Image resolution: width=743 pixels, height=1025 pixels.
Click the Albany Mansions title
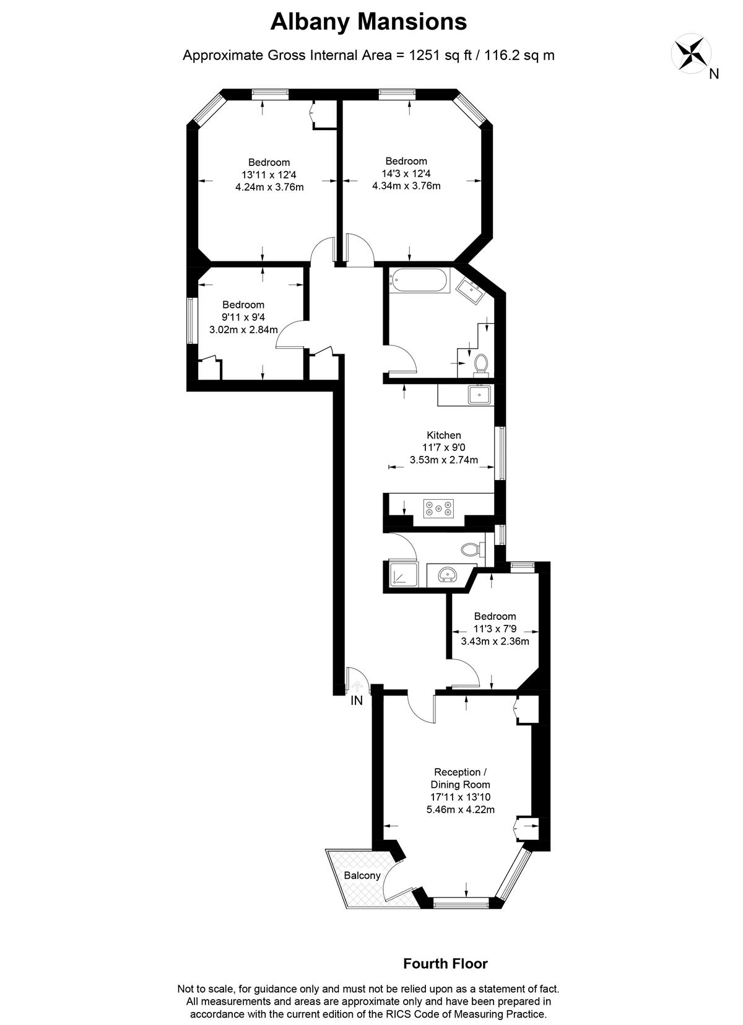click(368, 22)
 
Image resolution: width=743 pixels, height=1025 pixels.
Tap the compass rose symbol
click(691, 53)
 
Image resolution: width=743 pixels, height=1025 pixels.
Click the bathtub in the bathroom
click(420, 281)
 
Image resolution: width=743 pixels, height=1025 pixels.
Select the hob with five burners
click(439, 508)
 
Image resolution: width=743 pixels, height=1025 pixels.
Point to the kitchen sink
click(479, 395)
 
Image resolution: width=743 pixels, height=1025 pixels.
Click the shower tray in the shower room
click(403, 574)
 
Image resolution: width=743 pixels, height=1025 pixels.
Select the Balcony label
click(362, 875)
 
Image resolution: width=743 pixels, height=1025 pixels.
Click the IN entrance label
click(357, 700)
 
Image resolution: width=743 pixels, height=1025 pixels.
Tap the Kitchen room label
click(444, 435)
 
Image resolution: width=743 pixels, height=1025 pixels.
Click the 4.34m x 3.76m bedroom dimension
click(406, 186)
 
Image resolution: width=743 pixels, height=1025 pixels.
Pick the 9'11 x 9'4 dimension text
click(243, 317)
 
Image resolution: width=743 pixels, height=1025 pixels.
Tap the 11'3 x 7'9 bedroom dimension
click(495, 629)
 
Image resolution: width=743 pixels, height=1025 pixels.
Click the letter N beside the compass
click(714, 74)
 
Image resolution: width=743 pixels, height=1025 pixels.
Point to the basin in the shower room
click(447, 575)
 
